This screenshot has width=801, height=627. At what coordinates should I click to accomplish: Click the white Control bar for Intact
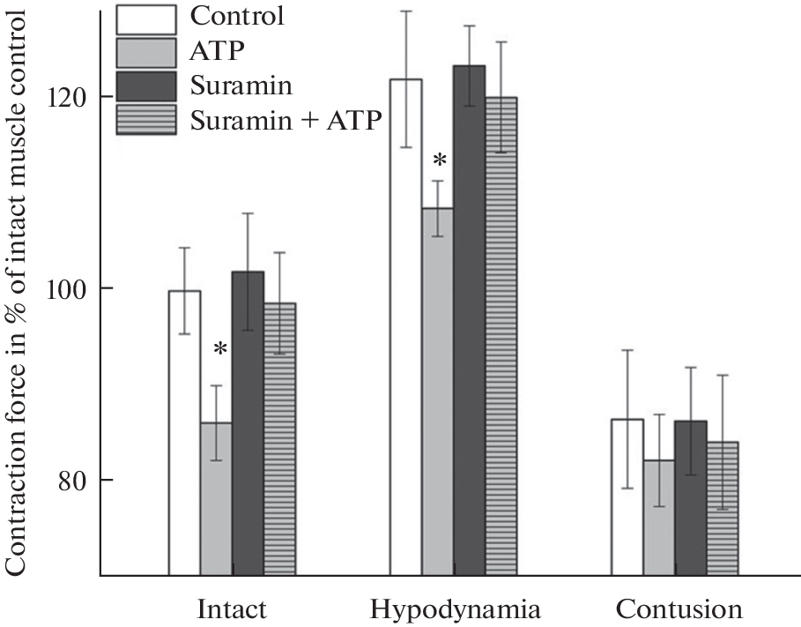(x=185, y=432)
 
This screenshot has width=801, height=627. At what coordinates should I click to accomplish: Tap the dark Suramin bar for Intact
(x=248, y=423)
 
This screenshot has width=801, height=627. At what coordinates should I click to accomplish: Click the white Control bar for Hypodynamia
(x=406, y=326)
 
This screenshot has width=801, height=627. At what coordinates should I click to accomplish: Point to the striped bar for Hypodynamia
(x=501, y=336)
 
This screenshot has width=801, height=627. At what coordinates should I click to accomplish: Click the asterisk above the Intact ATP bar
(x=220, y=350)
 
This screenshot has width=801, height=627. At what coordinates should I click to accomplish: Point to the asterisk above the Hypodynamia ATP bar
(x=440, y=161)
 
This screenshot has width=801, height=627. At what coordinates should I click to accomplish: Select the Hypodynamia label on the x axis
(x=455, y=609)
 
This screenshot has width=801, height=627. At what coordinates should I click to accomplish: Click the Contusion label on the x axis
(x=679, y=609)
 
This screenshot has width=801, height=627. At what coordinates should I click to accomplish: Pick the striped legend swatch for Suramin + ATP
(x=145, y=119)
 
